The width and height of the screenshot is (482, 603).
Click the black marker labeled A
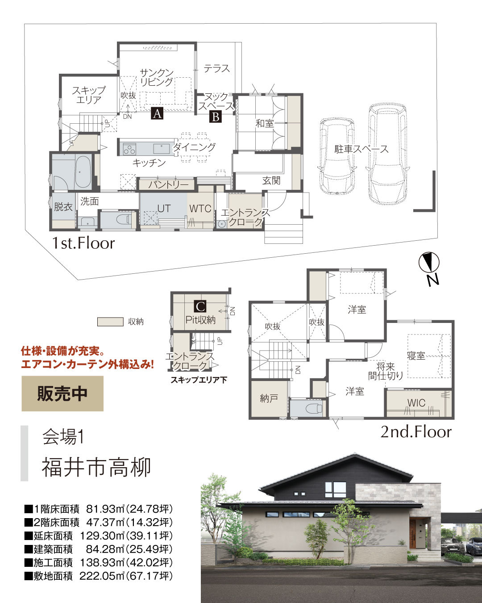point(157,113)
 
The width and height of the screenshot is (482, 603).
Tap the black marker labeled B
point(216,117)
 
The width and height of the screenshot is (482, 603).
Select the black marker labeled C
point(200,306)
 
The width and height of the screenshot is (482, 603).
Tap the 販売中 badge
point(62,394)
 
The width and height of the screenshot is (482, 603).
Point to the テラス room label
point(217,68)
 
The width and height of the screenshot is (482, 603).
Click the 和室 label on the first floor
point(265,123)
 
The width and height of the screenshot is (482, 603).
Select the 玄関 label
point(271,180)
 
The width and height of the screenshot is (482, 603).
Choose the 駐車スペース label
point(361,149)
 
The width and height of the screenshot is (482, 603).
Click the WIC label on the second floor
point(416,403)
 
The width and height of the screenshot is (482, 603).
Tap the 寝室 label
point(416,356)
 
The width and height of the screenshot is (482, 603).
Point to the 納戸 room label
point(269,398)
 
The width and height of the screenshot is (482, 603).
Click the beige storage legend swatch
point(110,322)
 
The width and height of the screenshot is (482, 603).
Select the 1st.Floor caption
point(83,243)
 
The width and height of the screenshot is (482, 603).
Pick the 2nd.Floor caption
point(416,432)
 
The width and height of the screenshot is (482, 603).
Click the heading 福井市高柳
point(96,468)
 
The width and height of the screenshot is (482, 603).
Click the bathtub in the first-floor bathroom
point(83,172)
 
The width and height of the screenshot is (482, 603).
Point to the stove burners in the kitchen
point(129,148)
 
